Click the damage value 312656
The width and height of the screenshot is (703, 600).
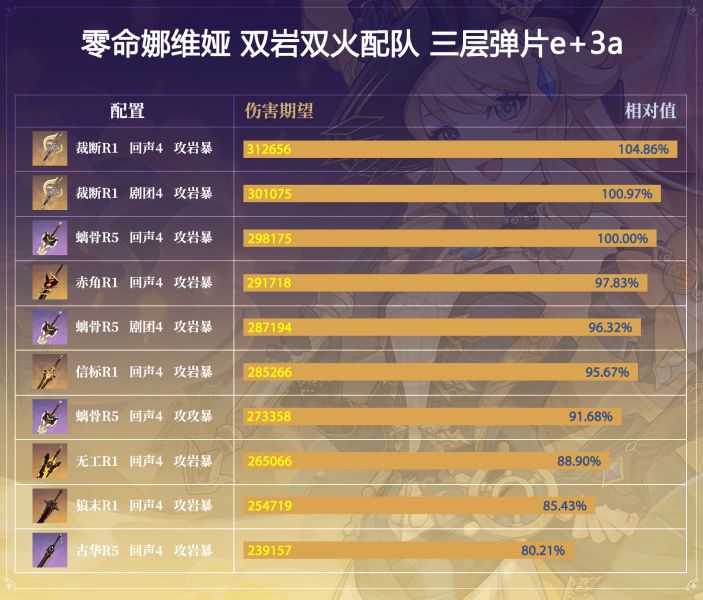269,149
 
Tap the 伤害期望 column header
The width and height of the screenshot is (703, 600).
279,111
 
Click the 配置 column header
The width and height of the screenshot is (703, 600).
127,111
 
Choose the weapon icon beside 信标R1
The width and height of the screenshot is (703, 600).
49,372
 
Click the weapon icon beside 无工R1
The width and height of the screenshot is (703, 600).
49,461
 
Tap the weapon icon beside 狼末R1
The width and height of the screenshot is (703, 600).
49,506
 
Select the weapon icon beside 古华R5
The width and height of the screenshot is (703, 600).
49,550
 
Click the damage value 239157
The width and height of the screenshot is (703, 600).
269,551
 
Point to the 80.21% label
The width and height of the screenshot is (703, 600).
543,551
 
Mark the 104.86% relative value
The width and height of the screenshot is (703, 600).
643,149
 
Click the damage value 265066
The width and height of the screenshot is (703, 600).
269,461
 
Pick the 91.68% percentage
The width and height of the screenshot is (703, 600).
590,417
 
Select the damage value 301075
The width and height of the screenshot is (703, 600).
269,194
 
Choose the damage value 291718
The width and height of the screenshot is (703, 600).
269,283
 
